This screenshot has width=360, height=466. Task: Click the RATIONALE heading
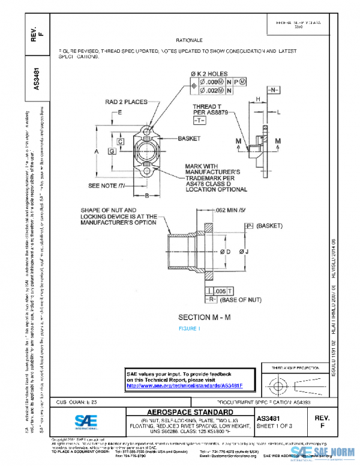coord(188,40)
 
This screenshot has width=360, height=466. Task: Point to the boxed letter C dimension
coord(120,142)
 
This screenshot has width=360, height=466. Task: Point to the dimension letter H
coord(257,98)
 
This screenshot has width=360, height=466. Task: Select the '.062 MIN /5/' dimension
coord(230,211)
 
